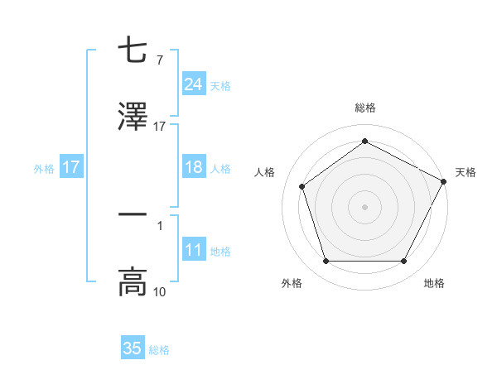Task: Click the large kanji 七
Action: [133, 51]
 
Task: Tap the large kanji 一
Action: [133, 214]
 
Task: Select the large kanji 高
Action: [133, 281]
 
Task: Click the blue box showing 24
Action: [193, 84]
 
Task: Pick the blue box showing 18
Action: [193, 167]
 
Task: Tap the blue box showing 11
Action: [193, 250]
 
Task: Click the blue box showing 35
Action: [133, 348]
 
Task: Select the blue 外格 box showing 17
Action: [70, 167]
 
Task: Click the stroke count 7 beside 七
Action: [159, 61]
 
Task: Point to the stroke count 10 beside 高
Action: [159, 291]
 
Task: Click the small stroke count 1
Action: [159, 224]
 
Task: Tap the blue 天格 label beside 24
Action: [220, 85]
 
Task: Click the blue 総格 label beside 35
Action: [159, 349]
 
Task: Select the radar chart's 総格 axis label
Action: [364, 108]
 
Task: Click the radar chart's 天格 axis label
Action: [466, 172]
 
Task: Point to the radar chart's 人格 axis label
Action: [265, 172]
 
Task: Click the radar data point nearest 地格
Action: [403, 262]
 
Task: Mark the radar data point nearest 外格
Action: [326, 262]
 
